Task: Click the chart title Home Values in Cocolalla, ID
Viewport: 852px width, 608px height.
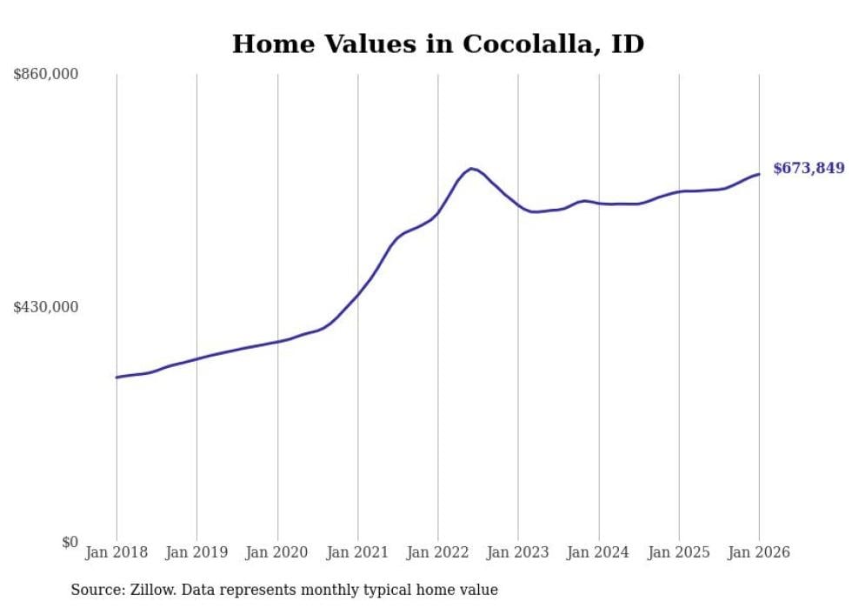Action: click(437, 43)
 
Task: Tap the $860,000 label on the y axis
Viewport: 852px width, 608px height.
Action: click(45, 74)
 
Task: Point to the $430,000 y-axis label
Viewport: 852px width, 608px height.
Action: click(45, 307)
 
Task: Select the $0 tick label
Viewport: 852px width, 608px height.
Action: click(68, 542)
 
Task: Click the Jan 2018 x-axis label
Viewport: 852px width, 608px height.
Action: click(116, 552)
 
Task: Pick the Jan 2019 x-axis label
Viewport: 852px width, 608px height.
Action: click(196, 552)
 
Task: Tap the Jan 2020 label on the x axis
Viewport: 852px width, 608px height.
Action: click(277, 552)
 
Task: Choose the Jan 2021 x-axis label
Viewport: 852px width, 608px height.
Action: click(357, 552)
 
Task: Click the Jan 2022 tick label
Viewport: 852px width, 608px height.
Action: click(438, 552)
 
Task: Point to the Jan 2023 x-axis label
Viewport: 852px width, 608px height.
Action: click(518, 552)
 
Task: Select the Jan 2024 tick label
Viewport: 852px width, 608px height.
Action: click(598, 552)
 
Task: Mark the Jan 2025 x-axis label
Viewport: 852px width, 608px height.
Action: click(679, 552)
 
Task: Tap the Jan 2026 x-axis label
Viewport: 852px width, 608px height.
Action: click(759, 552)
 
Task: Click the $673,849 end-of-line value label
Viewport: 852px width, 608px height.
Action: click(809, 169)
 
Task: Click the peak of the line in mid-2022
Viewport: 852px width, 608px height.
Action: click(470, 168)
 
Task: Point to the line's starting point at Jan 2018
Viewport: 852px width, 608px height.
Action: click(116, 377)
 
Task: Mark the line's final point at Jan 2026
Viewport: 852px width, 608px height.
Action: click(759, 174)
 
